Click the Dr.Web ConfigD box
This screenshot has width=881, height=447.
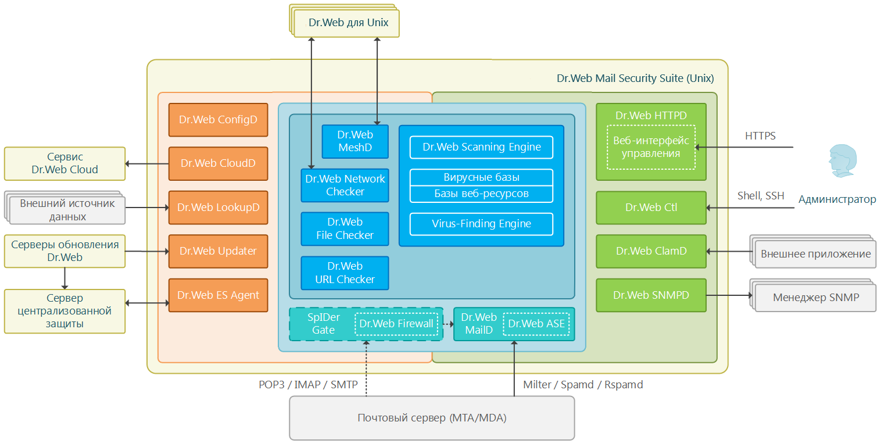click(219, 120)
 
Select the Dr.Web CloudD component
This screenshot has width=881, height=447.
click(219, 163)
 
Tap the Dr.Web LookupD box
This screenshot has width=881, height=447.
click(219, 208)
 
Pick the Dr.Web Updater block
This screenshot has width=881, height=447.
click(219, 251)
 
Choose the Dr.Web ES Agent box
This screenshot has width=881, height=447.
click(219, 295)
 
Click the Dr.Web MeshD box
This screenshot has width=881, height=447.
click(355, 141)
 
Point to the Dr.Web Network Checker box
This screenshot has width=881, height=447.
click(345, 185)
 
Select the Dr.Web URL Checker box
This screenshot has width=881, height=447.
click(345, 273)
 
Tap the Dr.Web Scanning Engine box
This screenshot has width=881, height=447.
click(481, 147)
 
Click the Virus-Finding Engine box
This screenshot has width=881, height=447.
click(481, 224)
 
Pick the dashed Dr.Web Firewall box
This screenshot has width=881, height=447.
click(396, 324)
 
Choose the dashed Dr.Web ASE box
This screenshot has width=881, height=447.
click(536, 324)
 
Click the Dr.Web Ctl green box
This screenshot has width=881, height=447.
click(651, 208)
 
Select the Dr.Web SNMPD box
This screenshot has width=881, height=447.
click(651, 295)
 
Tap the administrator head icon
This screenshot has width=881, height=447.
click(843, 161)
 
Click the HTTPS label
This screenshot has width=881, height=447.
click(760, 136)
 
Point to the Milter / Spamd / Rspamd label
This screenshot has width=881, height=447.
click(583, 384)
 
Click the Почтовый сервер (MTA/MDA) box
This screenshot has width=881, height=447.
click(432, 418)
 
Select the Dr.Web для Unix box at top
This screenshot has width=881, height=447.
click(346, 23)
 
